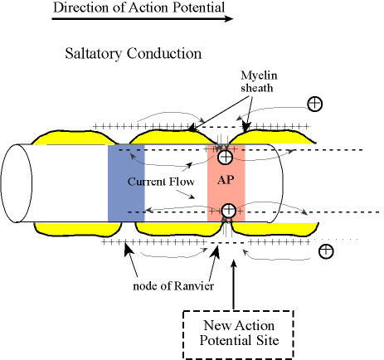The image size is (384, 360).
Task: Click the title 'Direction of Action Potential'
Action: (x=139, y=7)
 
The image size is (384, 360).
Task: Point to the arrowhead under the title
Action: (x=229, y=19)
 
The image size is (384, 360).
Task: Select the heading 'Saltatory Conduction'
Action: (x=134, y=53)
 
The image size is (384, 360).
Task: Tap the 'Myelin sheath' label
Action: (x=259, y=81)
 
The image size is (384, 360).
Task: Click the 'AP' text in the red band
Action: (x=226, y=180)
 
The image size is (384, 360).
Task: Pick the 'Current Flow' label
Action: (x=161, y=182)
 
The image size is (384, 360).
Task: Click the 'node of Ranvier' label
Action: (x=173, y=286)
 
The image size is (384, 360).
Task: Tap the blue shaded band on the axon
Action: (x=126, y=183)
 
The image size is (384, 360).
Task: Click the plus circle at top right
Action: (x=314, y=104)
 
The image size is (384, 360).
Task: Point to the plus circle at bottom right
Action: (x=326, y=251)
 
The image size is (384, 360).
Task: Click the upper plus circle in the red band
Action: (x=226, y=157)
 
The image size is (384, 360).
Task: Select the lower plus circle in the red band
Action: (x=228, y=210)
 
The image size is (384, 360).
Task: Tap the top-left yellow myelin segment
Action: (x=73, y=139)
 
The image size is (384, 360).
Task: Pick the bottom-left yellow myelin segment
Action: (x=78, y=229)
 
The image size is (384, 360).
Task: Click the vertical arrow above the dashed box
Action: (x=234, y=285)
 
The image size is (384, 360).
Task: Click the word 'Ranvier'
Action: (x=194, y=286)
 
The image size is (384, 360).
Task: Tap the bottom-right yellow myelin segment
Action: (x=275, y=228)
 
